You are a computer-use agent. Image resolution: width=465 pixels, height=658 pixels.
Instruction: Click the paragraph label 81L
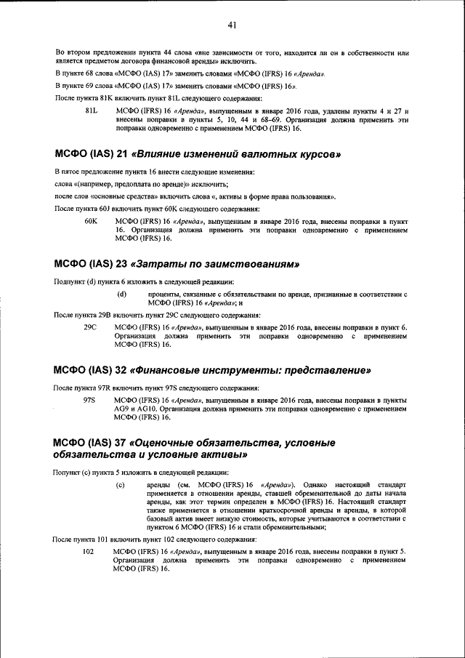(x=91, y=111)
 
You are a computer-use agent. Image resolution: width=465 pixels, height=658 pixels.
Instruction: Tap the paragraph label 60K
(x=91, y=220)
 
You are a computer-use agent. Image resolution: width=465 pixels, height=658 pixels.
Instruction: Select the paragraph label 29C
(x=90, y=328)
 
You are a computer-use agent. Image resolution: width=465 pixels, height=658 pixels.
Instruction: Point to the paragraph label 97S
(x=90, y=401)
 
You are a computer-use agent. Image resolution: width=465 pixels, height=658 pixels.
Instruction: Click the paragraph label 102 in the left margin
(x=89, y=551)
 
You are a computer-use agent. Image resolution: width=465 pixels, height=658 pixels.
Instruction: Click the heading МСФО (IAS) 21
(x=91, y=155)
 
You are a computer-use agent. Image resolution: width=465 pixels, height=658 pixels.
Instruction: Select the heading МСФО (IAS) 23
(x=91, y=263)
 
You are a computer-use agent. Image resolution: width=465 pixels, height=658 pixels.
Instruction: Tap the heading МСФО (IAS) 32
(x=91, y=371)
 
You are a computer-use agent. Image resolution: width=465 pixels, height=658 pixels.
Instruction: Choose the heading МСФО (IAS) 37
(x=91, y=442)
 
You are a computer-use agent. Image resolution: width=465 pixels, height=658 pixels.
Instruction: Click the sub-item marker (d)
(x=122, y=294)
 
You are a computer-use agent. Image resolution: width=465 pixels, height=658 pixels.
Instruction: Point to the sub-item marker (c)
(x=121, y=484)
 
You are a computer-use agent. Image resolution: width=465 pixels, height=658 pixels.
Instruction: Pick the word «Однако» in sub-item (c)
(x=315, y=484)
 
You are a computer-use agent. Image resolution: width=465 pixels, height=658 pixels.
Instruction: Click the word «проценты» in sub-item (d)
(x=163, y=294)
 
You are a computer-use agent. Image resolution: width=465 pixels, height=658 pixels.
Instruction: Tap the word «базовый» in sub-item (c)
(x=161, y=519)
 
